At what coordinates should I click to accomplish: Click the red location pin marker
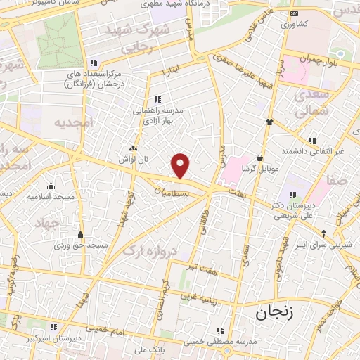pos(181,165)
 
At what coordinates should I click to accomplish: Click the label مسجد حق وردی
pos(82,244)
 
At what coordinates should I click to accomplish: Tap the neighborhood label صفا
pos(337,180)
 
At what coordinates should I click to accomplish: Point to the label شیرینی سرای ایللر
pos(330,245)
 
